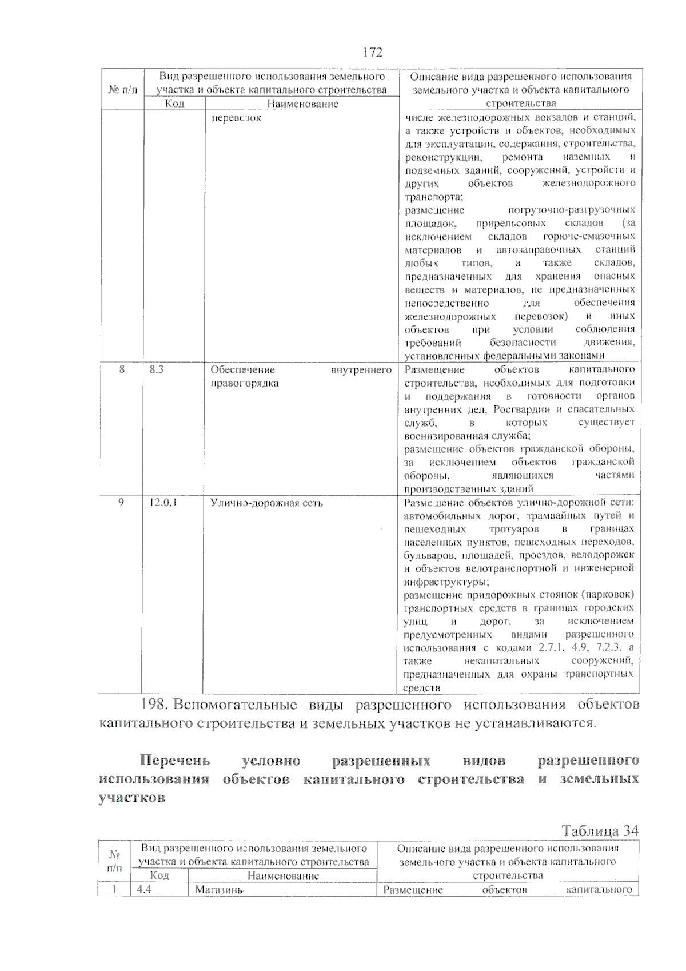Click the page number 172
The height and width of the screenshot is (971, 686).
373,53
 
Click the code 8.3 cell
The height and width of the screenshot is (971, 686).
157,370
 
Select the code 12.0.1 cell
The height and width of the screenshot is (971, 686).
162,503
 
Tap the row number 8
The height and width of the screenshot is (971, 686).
122,370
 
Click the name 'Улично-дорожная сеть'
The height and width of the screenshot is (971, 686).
266,503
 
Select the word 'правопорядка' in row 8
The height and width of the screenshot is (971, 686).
244,383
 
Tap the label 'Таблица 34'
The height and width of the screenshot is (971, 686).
600,830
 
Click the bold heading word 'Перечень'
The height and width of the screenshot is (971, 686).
176,761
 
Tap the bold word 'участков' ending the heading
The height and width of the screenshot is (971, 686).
132,798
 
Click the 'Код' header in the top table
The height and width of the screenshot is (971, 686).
174,104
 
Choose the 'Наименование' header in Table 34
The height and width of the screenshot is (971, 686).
283,876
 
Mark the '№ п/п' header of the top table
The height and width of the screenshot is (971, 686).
122,90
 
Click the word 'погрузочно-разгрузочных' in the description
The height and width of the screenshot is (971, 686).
571,210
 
